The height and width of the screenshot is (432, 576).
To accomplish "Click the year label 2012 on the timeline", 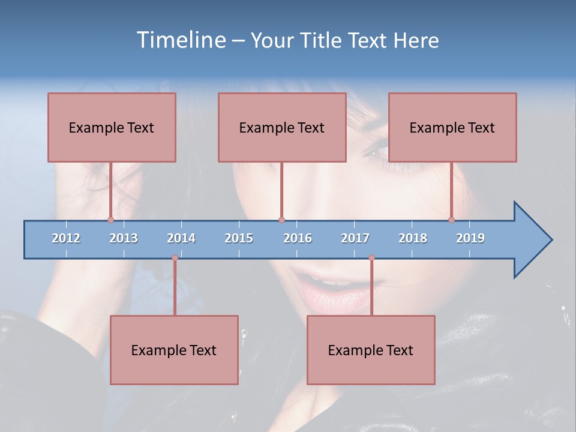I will [66, 238].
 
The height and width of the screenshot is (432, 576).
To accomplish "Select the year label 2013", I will [124, 238].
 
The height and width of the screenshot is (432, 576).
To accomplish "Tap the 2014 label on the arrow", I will [181, 238].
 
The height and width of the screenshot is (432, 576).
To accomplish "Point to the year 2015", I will [239, 238].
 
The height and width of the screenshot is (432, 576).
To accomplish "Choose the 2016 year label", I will [298, 238].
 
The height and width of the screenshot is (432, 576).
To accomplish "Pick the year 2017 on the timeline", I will [355, 238].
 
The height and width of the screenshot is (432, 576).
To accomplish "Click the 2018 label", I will [413, 238].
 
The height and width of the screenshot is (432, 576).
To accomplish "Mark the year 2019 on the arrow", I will [470, 238].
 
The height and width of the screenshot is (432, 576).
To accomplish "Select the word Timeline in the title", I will [180, 40].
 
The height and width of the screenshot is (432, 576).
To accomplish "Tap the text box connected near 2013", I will [112, 127].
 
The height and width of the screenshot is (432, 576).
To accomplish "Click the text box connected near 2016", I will [282, 127].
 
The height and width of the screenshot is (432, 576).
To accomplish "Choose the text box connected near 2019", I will [452, 127].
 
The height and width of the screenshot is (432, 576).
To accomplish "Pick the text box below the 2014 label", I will [174, 350].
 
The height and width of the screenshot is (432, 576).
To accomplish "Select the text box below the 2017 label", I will [371, 350].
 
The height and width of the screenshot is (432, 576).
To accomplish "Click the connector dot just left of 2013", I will [111, 220].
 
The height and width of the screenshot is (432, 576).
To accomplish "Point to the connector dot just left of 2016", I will [281, 220].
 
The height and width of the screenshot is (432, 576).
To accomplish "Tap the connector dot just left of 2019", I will [451, 220].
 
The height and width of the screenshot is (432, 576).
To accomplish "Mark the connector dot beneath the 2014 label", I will [175, 258].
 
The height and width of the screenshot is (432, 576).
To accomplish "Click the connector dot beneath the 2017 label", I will [371, 258].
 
